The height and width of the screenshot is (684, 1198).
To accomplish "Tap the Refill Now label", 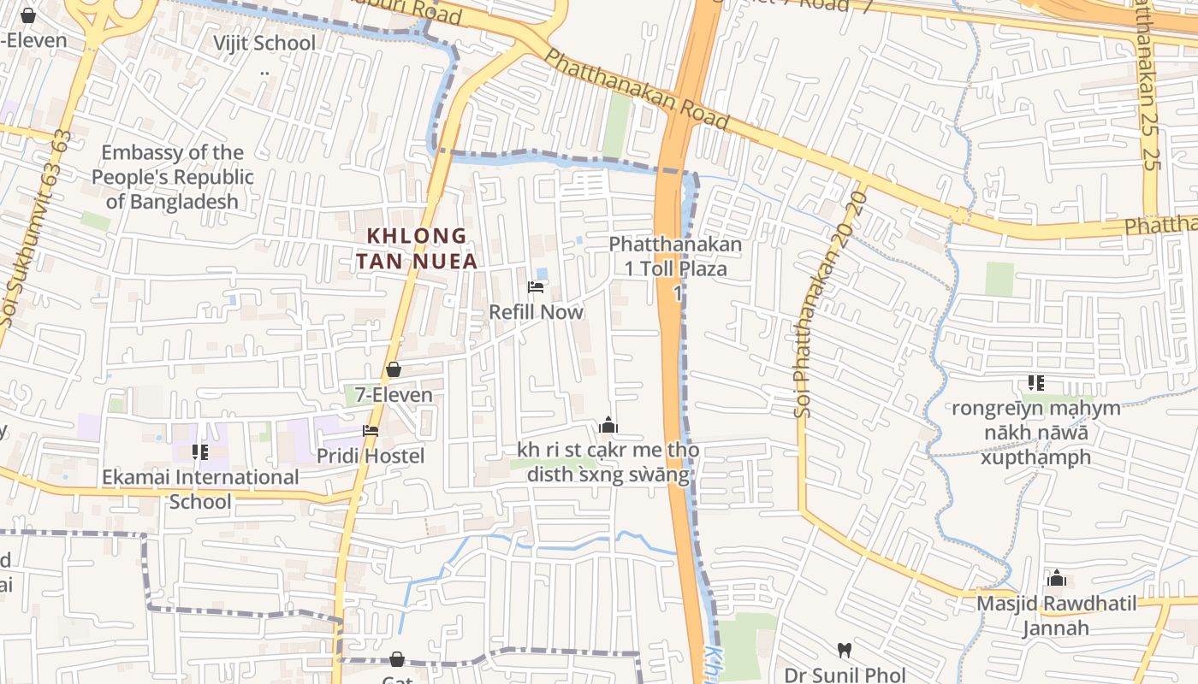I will point(536,312).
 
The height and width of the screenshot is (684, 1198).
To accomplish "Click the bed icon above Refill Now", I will point(536,287).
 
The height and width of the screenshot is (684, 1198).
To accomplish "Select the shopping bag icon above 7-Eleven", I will point(394,370).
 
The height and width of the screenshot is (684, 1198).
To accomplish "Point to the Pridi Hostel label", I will point(371,456).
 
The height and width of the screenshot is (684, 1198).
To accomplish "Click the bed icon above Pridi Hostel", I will point(371,431).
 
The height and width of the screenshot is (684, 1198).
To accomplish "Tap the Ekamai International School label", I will point(200,489).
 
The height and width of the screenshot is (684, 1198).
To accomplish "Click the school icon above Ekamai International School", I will point(200,451).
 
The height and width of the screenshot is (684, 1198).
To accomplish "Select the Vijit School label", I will point(264,43).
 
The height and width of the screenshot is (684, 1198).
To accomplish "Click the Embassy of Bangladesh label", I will point(173,177).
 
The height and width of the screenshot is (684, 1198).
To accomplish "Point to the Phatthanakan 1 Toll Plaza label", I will point(676,256).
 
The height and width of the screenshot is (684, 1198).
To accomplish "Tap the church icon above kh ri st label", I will point(608,425).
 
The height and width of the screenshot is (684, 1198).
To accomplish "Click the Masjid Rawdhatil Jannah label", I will point(1057,616).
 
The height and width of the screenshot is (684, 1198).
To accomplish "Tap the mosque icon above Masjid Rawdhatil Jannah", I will point(1057,579).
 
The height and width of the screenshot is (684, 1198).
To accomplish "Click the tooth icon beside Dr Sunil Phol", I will point(844,650).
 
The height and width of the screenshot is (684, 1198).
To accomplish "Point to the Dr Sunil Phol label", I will point(845,675).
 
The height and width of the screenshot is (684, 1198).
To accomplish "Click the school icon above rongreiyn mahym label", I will point(1036,383).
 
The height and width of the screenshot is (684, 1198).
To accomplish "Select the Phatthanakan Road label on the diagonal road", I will point(637,90).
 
